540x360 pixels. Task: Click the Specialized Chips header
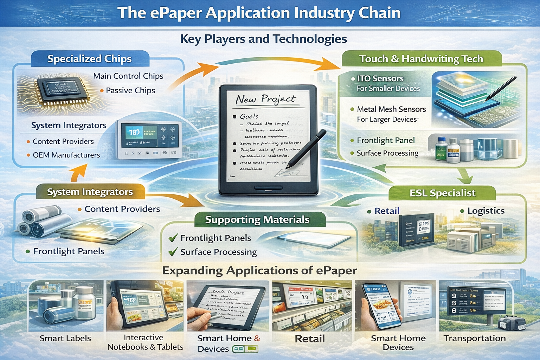point(89,59)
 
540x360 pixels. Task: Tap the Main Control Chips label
point(128,76)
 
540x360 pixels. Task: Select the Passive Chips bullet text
point(130,90)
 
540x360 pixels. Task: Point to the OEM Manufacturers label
point(66,155)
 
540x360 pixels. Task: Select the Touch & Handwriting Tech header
point(421,59)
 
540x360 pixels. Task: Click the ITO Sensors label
point(380,78)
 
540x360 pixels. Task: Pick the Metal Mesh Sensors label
point(391,109)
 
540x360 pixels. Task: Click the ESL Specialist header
point(442,193)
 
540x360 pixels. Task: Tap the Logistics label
point(486,211)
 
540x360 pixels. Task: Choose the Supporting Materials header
point(257,220)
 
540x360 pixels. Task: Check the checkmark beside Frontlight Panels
point(173,238)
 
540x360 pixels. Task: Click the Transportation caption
point(475,338)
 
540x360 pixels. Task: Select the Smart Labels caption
point(65,338)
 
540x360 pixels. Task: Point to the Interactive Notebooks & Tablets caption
point(145,342)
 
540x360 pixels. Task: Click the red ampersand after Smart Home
point(257,338)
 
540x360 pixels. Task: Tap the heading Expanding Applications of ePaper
point(259,271)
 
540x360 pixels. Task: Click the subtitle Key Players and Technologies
point(263,39)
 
